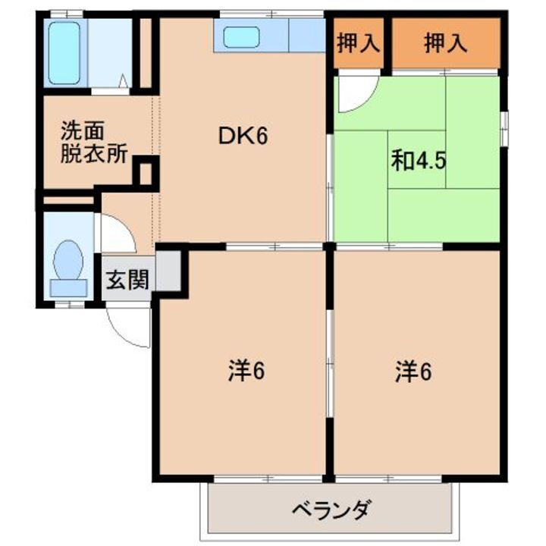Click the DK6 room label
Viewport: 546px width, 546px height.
[x=244, y=136]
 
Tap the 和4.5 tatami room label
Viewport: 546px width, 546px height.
[x=412, y=162]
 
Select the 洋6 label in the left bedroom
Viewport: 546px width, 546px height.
[x=245, y=372]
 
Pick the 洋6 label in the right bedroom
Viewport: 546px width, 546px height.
[x=413, y=372]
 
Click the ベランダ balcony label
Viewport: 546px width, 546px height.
[x=331, y=509]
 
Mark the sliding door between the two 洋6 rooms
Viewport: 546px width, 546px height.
[x=329, y=364]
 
